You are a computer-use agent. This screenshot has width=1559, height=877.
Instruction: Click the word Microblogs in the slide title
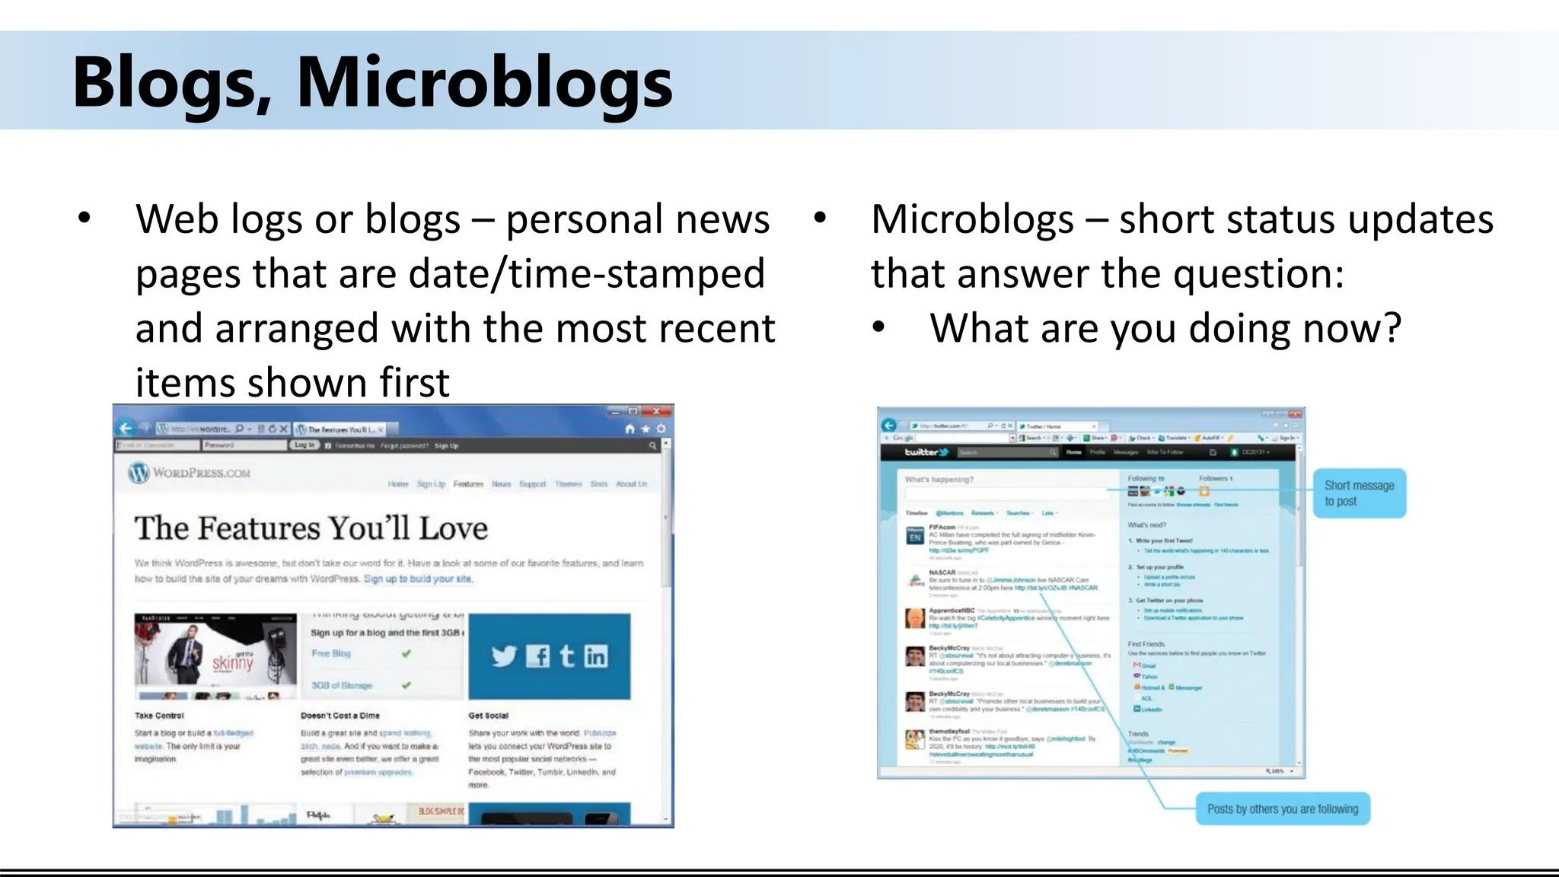pos(484,82)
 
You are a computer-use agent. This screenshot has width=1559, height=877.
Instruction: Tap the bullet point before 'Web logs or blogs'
pos(84,218)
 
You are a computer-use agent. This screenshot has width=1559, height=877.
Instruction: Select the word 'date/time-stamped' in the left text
pos(586,274)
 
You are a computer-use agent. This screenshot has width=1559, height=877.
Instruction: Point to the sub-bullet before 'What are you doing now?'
pos(878,327)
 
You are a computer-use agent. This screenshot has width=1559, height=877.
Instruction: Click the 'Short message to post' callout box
pos(1359,493)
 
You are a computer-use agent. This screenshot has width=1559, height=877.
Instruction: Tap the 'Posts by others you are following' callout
pos(1282,808)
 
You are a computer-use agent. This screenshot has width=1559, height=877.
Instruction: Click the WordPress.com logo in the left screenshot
pos(190,473)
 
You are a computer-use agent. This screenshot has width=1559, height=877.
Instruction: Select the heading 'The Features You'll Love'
pos(311,528)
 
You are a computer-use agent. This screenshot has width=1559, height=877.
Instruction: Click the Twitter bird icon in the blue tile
pos(503,655)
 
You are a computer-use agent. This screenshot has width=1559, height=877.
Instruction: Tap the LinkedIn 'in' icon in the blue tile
pos(596,655)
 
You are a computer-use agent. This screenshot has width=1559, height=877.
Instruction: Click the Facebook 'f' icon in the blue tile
pos(537,655)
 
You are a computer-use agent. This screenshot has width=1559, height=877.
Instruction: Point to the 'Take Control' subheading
pos(159,716)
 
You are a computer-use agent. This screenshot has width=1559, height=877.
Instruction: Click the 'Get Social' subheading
pos(488,716)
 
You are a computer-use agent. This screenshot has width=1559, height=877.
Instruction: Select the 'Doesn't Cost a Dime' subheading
pos(340,716)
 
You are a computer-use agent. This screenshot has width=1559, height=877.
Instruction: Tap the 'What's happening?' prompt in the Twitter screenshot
pos(939,480)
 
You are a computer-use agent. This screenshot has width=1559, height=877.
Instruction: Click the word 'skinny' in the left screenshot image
pos(232,662)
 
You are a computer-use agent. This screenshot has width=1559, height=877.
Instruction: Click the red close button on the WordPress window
pos(655,411)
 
